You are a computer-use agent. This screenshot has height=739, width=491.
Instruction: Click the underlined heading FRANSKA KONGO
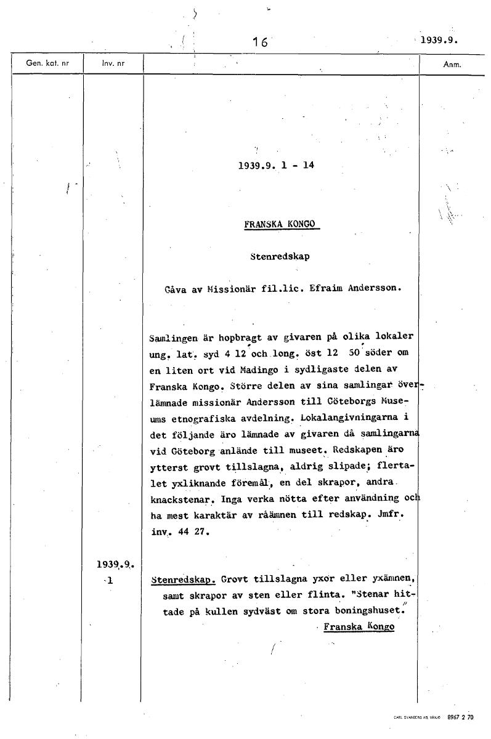281,224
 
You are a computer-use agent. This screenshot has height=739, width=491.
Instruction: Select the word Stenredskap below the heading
280,256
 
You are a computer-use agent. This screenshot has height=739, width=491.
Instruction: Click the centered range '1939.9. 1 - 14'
276,165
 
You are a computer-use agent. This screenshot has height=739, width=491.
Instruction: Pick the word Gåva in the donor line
176,288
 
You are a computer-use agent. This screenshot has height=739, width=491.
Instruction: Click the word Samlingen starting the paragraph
174,338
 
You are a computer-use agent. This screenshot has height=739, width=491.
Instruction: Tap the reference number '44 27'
190,531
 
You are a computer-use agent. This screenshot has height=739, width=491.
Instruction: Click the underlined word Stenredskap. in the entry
182,579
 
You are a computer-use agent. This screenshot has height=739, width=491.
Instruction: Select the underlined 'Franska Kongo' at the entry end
359,627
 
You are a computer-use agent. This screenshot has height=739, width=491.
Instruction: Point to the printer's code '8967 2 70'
460,717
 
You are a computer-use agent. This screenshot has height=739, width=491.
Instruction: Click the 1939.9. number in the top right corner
440,41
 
